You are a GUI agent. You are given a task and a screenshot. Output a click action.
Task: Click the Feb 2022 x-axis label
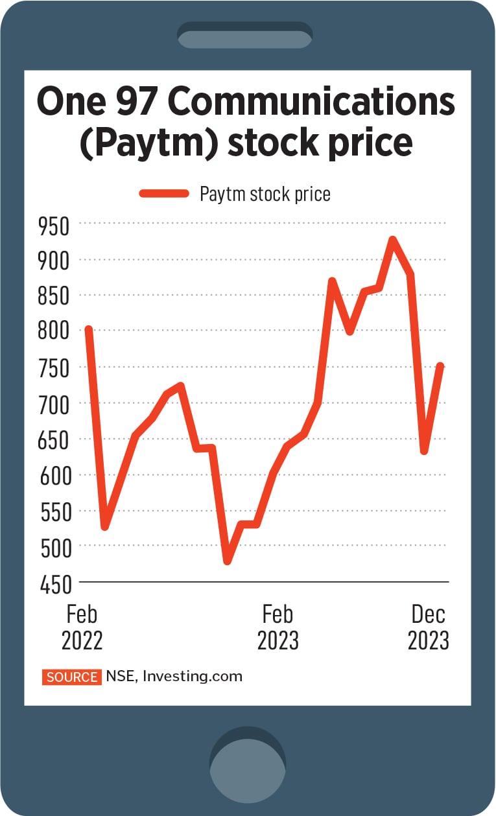(x=82, y=627)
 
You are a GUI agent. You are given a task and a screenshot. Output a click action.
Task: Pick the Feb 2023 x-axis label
(x=278, y=627)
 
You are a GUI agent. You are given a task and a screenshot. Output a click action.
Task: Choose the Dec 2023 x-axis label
(x=428, y=627)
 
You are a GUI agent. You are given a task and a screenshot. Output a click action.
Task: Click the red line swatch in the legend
(x=163, y=193)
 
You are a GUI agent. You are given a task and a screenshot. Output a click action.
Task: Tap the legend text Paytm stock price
(x=265, y=193)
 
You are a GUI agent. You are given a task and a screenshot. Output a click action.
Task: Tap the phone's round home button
(x=248, y=759)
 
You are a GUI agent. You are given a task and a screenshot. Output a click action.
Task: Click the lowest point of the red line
(x=228, y=561)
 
